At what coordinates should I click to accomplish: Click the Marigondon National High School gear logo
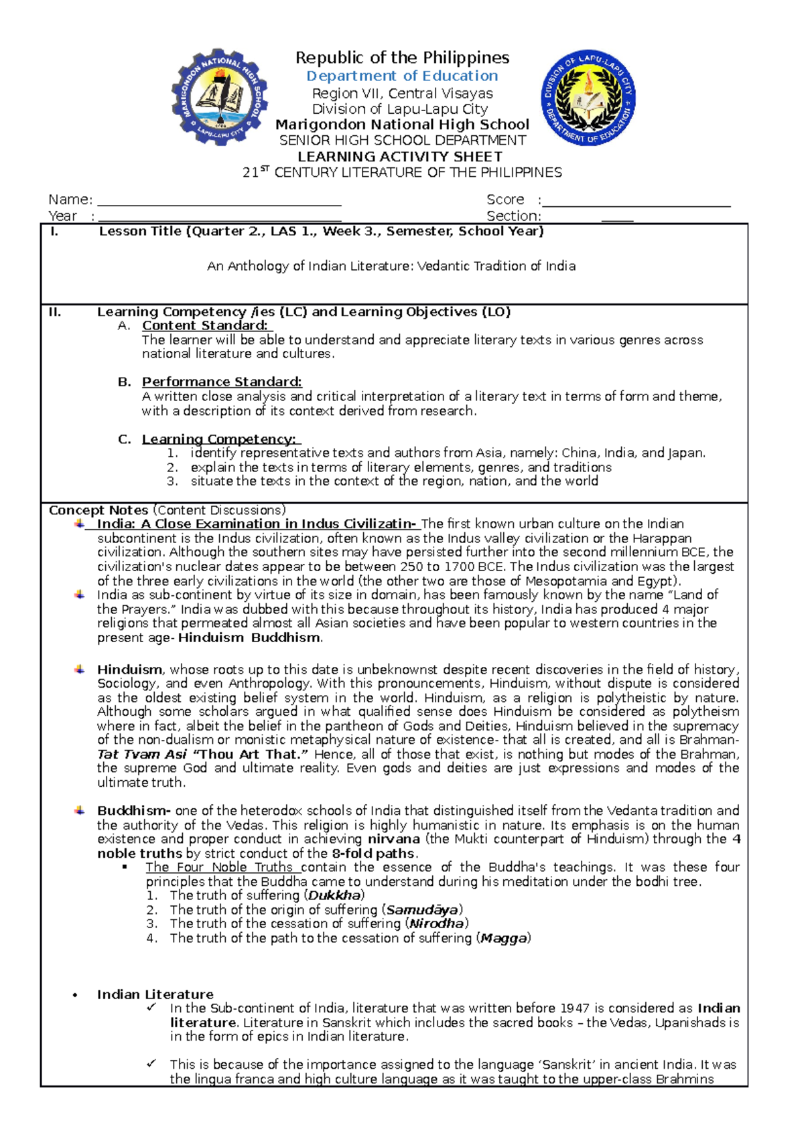(220, 97)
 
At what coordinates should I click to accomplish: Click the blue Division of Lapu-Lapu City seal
(588, 98)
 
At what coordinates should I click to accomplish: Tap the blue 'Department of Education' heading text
(402, 76)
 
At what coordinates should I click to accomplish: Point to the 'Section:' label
(513, 216)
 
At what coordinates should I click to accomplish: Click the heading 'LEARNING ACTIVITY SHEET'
(400, 157)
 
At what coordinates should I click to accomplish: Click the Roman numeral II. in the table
(55, 312)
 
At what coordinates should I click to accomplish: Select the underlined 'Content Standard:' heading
(205, 326)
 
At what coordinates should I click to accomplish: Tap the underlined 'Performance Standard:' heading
(222, 382)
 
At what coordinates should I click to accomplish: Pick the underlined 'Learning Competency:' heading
(219, 439)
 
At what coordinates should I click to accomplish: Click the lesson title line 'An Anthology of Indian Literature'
(391, 267)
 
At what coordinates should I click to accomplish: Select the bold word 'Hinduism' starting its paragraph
(129, 670)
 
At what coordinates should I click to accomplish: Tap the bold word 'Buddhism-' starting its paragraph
(134, 811)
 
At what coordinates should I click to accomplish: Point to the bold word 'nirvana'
(394, 840)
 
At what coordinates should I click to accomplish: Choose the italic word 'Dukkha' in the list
(334, 896)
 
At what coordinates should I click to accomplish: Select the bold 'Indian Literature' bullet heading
(155, 994)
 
